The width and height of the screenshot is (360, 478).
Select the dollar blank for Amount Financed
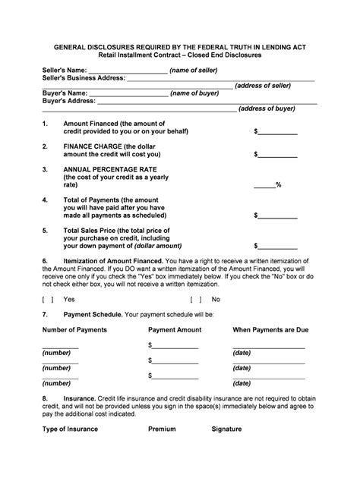coord(278,132)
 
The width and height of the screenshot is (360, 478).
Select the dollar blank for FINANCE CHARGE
coord(278,155)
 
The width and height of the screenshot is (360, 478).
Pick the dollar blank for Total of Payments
coord(278,215)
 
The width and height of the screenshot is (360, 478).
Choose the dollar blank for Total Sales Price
coord(278,246)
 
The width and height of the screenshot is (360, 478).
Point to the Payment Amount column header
coord(174,330)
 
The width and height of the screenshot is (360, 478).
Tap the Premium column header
coord(162,429)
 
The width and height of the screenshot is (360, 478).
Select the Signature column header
coord(226,429)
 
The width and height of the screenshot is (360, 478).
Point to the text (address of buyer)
coord(267,108)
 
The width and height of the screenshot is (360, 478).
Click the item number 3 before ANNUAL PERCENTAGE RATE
coord(45,169)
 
